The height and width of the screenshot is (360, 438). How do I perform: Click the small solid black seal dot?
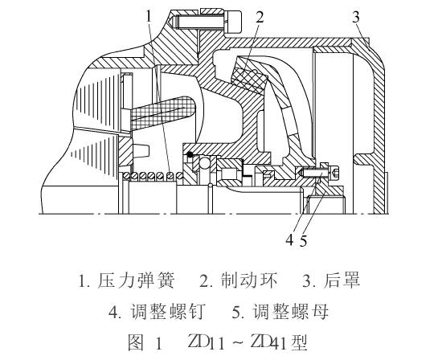(x=189, y=154)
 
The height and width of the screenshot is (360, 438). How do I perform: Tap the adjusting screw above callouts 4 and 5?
(x=318, y=172)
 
